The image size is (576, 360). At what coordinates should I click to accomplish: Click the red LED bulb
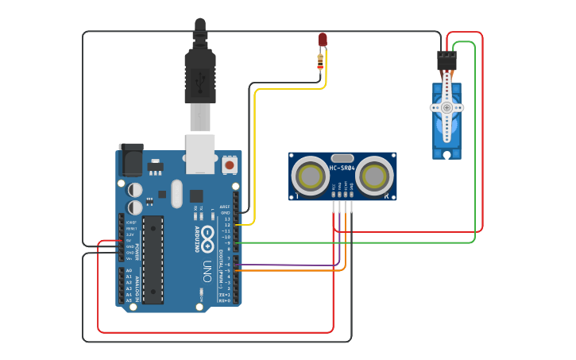pyautogui.click(x=322, y=40)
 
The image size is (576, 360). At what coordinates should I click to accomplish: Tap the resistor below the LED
pyautogui.click(x=321, y=59)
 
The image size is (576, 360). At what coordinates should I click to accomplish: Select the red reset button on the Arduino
pyautogui.click(x=229, y=165)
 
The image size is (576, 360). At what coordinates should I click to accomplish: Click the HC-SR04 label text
pyautogui.click(x=342, y=168)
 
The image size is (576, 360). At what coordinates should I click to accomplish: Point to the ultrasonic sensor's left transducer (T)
pyautogui.click(x=309, y=176)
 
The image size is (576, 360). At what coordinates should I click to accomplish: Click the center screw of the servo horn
pyautogui.click(x=446, y=107)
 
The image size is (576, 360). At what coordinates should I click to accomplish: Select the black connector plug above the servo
pyautogui.click(x=446, y=61)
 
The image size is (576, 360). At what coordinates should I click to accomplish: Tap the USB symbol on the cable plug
pyautogui.click(x=200, y=79)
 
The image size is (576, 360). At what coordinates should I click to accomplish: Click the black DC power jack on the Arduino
pyautogui.click(x=130, y=161)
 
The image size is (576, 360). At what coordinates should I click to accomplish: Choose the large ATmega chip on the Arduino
pyautogui.click(x=153, y=259)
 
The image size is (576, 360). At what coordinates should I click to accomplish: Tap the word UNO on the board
pyautogui.click(x=207, y=265)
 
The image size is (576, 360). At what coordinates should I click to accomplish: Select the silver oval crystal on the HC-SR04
pyautogui.click(x=342, y=158)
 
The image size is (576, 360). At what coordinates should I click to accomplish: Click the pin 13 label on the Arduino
pyautogui.click(x=226, y=219)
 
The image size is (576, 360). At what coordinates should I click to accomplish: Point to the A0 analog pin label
pyautogui.click(x=129, y=271)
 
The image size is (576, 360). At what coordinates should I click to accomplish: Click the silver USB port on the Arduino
pyautogui.click(x=200, y=153)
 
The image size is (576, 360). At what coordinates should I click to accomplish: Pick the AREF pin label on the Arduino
pyautogui.click(x=226, y=206)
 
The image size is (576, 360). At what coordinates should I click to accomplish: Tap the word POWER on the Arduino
pyautogui.click(x=137, y=252)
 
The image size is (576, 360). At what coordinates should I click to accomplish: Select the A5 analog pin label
pyautogui.click(x=129, y=301)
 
